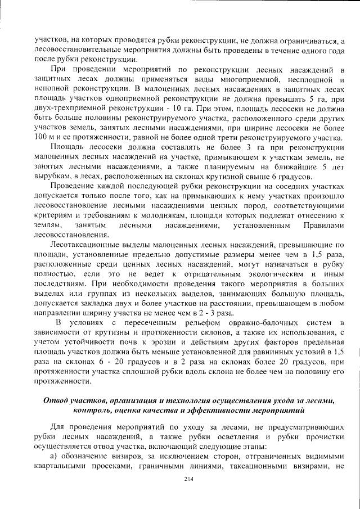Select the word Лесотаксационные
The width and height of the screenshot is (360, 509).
[84, 245]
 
